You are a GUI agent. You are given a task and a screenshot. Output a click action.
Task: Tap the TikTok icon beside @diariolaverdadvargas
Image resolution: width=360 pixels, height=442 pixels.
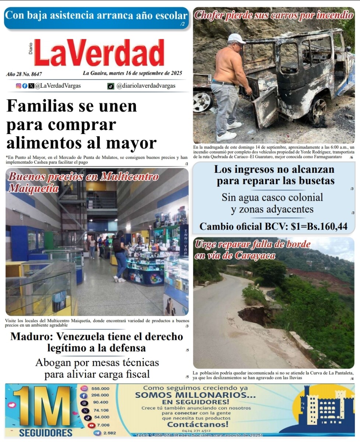[110, 86]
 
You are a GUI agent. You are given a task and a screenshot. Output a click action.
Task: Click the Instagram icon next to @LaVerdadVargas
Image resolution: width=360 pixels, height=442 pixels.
[18, 86]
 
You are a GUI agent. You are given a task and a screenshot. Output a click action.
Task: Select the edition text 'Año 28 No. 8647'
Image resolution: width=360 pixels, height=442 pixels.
[24, 74]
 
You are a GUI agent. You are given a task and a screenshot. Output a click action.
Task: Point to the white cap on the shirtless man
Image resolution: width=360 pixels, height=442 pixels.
[236, 38]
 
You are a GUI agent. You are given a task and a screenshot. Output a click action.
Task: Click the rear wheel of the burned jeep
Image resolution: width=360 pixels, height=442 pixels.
[317, 110]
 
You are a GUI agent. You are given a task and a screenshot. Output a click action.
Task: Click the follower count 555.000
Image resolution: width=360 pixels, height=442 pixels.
[100, 389]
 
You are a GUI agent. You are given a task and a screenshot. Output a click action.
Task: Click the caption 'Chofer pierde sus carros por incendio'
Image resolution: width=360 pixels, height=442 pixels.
[273, 15]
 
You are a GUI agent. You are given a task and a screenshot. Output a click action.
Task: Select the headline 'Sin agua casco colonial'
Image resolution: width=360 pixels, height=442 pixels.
[272, 197]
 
